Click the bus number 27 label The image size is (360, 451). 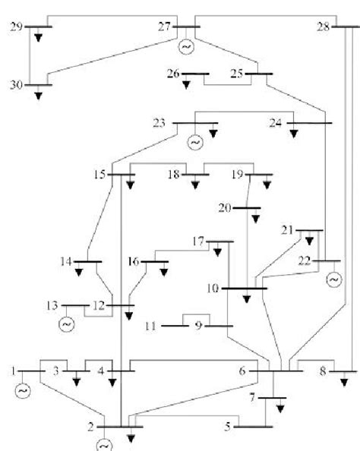tap(164, 27)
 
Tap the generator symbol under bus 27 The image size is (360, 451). tap(186, 47)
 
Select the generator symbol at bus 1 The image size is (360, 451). tap(22, 391)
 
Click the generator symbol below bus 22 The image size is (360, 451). tap(333, 280)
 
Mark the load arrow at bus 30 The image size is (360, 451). tap(39, 96)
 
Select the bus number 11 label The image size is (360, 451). tap(152, 326)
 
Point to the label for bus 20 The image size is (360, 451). tap(225, 207)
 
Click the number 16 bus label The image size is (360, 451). tap(134, 262)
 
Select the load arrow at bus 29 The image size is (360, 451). tap(39, 36)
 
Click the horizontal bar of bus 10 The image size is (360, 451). tap(245, 289)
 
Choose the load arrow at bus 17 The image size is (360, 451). tap(221, 251)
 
